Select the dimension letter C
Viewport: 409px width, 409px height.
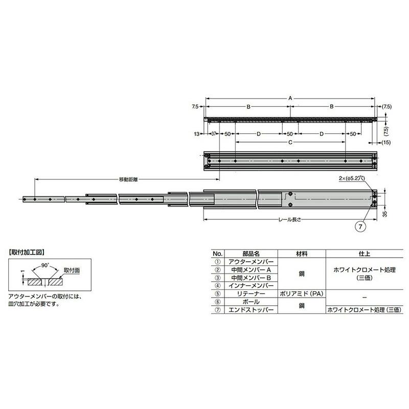(290, 143)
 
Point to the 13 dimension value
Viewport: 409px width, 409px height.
(197, 134)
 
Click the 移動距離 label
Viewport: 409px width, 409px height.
(128, 179)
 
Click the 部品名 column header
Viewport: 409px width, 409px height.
(251, 253)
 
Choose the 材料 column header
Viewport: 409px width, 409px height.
(301, 253)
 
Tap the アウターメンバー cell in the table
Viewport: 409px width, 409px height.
(251, 262)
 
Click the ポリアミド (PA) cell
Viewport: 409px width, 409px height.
(301, 294)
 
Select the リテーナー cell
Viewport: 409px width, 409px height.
(251, 294)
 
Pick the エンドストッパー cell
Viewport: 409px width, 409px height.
(251, 310)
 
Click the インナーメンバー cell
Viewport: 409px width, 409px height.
(251, 285)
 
